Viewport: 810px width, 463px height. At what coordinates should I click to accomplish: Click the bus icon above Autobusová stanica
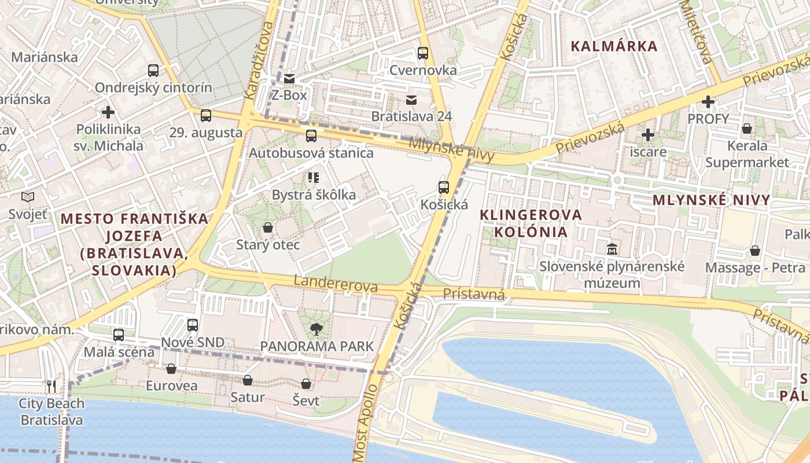311,136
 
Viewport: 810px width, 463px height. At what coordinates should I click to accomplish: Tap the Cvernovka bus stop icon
423,53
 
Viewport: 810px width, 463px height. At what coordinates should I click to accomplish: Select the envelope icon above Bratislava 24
411,100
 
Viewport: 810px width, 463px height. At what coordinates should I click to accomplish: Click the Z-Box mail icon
289,78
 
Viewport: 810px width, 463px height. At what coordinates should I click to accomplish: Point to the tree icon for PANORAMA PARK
316,329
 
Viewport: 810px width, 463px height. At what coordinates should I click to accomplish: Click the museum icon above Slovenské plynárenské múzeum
612,249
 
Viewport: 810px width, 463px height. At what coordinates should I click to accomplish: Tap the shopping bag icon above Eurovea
171,369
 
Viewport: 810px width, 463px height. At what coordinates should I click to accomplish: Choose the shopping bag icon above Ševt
306,384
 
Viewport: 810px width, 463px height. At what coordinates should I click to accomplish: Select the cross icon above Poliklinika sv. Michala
108,112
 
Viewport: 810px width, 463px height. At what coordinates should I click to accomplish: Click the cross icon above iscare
648,135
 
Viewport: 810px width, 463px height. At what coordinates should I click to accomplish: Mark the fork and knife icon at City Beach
51,386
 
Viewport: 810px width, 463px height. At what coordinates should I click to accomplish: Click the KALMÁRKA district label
614,46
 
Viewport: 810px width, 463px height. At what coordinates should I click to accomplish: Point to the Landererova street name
336,284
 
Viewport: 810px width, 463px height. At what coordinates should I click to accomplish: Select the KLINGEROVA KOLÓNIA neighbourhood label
531,223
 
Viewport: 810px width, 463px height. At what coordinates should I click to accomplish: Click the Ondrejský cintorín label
153,88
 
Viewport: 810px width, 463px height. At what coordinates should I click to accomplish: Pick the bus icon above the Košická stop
444,188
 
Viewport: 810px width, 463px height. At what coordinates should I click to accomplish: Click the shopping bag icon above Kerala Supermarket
747,128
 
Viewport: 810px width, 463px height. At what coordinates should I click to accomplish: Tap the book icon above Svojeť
28,197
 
